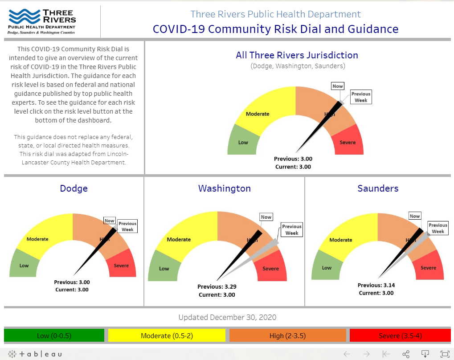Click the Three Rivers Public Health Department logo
[43, 21]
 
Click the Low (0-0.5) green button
[54, 335]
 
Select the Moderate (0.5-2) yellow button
[167, 335]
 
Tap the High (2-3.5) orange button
[287, 335]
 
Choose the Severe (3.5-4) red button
[400, 335]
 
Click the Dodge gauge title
[74, 188]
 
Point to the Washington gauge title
[224, 188]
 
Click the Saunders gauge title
[378, 188]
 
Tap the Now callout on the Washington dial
[266, 217]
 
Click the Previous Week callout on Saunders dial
[438, 228]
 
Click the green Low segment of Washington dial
[164, 267]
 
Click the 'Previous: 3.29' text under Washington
[217, 287]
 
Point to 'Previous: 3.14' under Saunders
[376, 285]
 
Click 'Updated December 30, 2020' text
[227, 317]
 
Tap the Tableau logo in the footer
[36, 354]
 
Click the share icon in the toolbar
[406, 354]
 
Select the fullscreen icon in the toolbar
[445, 354]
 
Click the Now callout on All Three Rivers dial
[337, 86]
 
